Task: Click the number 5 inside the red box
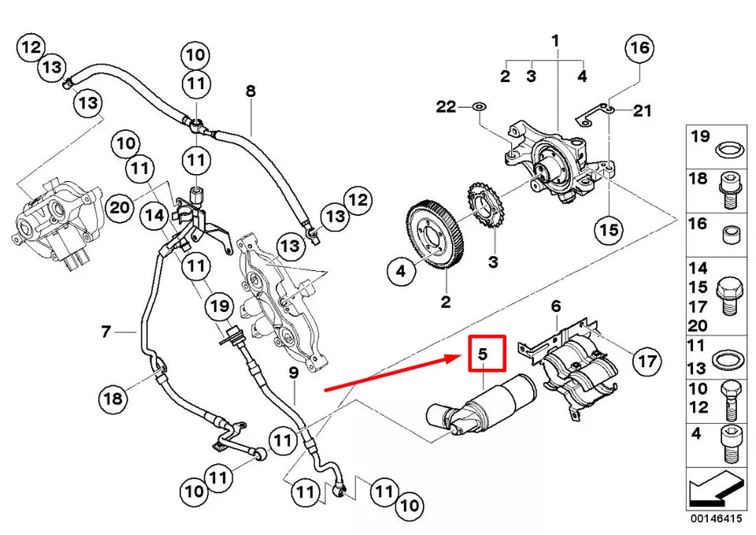click(484, 355)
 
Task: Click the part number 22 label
click(446, 106)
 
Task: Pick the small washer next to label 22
click(479, 106)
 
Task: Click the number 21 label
click(643, 111)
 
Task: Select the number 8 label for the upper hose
click(250, 91)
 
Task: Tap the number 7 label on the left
click(106, 332)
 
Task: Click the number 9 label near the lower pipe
click(292, 372)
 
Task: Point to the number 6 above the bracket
click(555, 305)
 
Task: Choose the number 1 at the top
click(555, 39)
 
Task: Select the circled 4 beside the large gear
click(401, 272)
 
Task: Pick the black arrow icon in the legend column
click(715, 486)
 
